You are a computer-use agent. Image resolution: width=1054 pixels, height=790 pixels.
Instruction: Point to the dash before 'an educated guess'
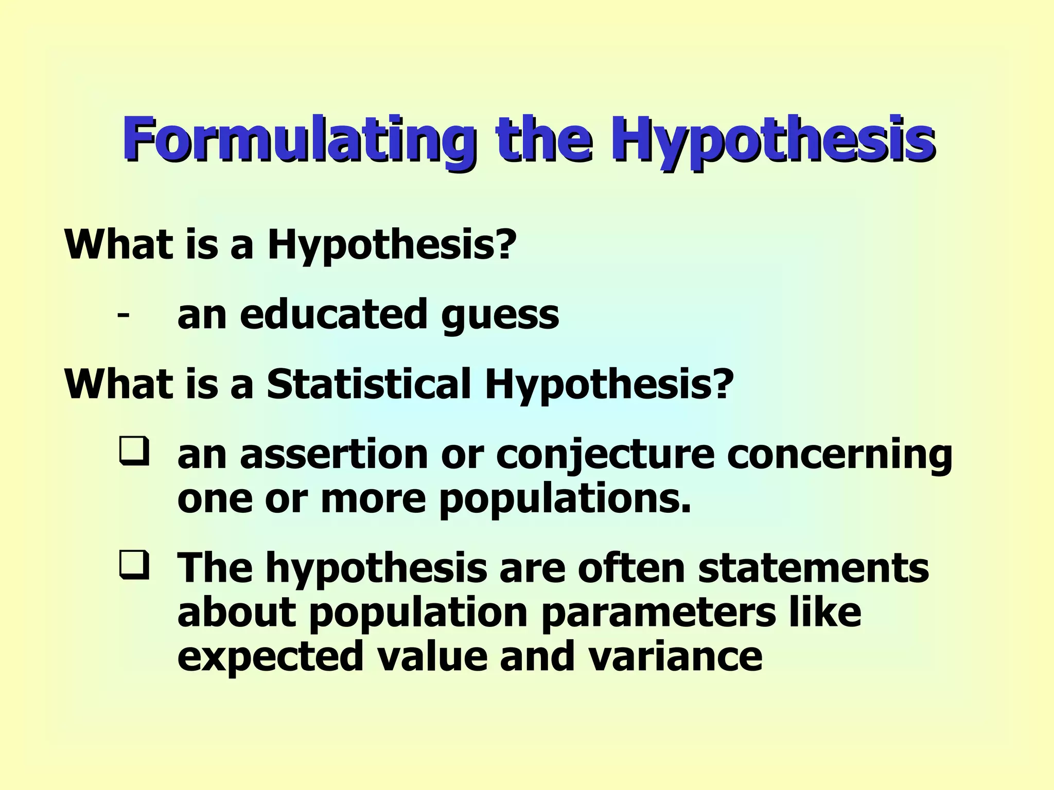123,313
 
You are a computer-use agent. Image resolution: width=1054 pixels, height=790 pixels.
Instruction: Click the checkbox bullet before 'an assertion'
134,451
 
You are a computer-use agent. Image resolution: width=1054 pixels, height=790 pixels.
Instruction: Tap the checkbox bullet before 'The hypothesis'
134,565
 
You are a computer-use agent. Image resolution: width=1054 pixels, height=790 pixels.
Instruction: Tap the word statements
813,568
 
